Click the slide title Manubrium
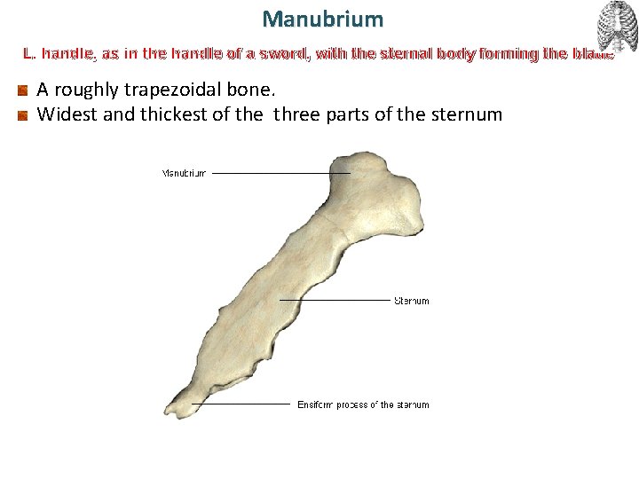click(323, 18)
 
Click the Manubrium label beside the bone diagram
click(184, 173)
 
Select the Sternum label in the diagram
click(411, 301)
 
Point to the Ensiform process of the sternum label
click(363, 404)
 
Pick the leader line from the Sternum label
click(335, 300)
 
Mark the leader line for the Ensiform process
click(241, 404)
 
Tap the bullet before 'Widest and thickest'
click(22, 114)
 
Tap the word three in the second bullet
click(305, 114)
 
